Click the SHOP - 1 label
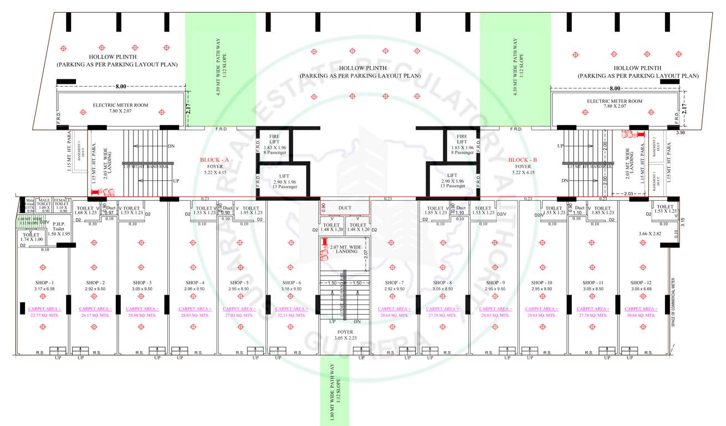(x=44, y=283)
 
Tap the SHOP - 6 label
(x=291, y=283)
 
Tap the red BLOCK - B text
(x=523, y=160)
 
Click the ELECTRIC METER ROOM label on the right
(x=615, y=102)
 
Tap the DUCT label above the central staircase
(x=344, y=208)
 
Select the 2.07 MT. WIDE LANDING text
(x=346, y=248)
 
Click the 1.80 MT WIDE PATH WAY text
(x=331, y=391)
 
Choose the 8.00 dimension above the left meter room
(x=121, y=87)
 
